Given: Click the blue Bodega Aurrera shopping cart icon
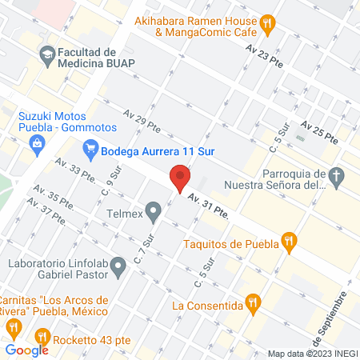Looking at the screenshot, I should pos(90,148).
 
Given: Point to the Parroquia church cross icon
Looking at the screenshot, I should pos(338,177).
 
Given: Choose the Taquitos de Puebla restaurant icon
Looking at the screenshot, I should pos(290,240).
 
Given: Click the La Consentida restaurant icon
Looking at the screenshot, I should pos(255,302).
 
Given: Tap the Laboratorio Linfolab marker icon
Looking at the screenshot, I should pos(118,265).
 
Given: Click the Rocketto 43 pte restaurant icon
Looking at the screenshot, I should pos(42,336).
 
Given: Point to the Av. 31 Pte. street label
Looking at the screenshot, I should pos(210,207).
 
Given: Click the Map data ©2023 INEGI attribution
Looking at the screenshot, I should pos(311,354).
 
